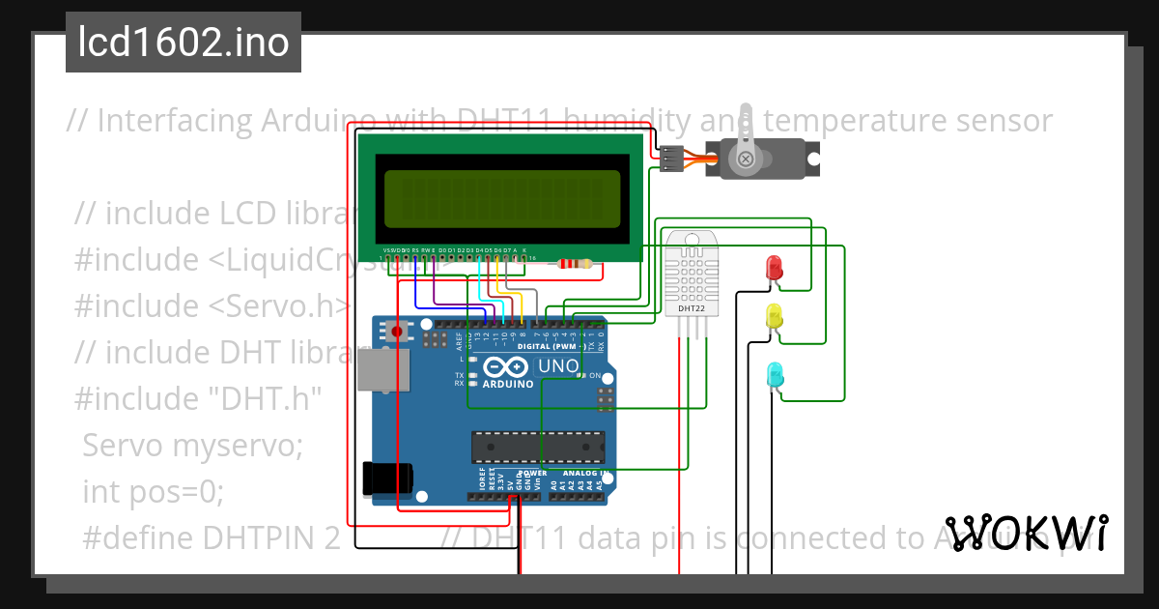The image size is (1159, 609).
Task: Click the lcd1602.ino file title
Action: pos(184,43)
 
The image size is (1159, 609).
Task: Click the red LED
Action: pos(774,269)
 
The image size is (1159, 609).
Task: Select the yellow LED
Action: pos(774,316)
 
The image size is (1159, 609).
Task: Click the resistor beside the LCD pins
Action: pos(576,263)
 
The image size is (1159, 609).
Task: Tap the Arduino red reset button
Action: pos(397,332)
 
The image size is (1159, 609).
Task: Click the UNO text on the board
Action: pos(557,366)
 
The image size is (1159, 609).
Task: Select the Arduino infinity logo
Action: pos(504,367)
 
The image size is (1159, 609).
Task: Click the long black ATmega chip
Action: pos(538,448)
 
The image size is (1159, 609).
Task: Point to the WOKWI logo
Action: pos(1027,533)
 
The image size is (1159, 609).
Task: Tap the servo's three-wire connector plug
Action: pos(670,159)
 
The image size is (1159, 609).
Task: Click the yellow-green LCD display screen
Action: pos(501,196)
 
